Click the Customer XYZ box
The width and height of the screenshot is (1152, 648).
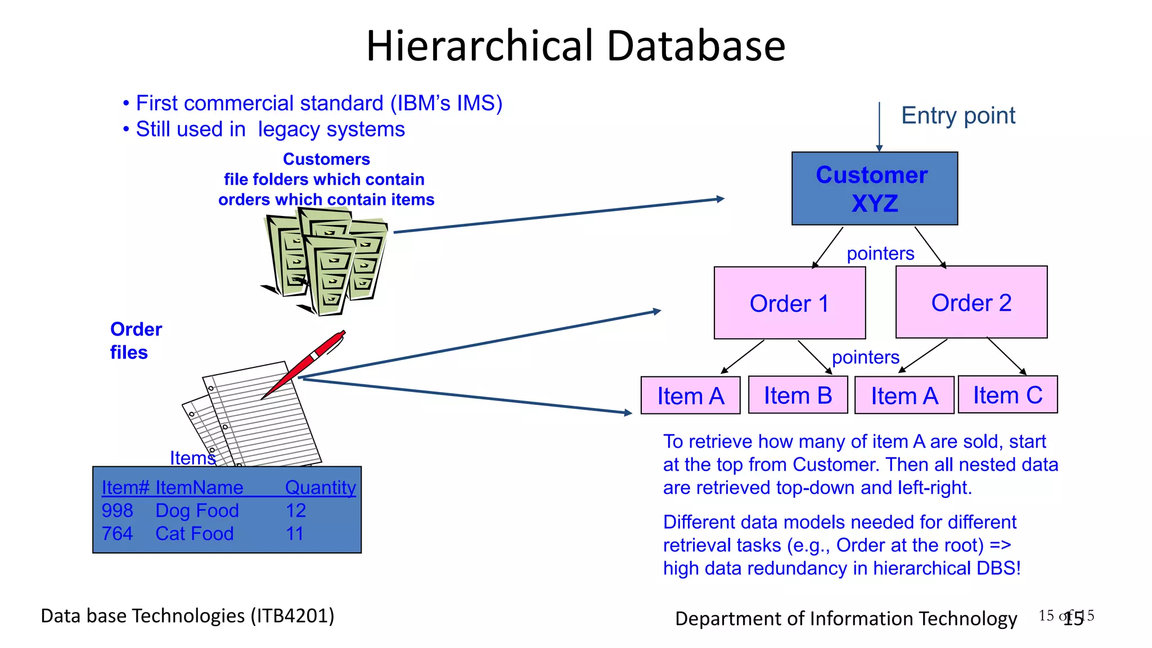tap(874, 188)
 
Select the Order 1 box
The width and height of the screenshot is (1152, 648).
tap(789, 303)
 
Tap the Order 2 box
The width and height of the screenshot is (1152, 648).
tap(971, 302)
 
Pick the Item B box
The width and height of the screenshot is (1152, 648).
tap(798, 395)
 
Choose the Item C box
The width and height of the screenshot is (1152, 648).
tap(1007, 395)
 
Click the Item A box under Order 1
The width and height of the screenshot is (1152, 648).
tap(690, 396)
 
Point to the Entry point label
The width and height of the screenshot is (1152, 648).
tap(958, 115)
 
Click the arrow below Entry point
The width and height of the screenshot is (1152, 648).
tap(879, 127)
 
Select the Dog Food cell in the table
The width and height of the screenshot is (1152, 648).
tap(197, 511)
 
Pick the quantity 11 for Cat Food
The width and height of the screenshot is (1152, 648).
tap(295, 534)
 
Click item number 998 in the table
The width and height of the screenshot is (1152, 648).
tap(117, 511)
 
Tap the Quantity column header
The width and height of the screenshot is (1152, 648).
tap(320, 487)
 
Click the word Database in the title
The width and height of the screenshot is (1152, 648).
tap(696, 46)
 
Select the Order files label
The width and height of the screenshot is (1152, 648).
tap(136, 340)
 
